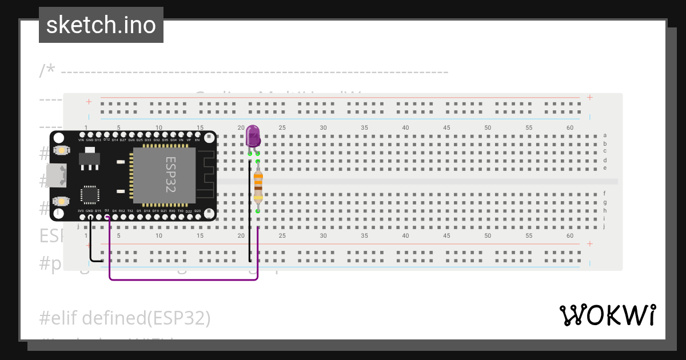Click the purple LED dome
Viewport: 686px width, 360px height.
(253, 136)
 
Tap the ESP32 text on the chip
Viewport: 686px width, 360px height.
(170, 175)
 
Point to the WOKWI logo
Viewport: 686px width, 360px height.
(607, 315)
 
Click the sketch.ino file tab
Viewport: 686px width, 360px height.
(101, 25)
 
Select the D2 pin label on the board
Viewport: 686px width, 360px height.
(107, 211)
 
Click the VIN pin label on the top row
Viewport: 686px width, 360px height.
(81, 140)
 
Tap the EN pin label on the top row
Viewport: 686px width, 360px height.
(198, 140)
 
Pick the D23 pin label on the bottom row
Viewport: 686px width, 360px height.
(197, 211)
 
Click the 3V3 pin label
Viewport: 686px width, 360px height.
(81, 211)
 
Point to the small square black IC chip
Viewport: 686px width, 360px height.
(90, 194)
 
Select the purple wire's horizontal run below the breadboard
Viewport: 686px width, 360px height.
(183, 279)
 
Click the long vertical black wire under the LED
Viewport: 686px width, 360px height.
(249, 211)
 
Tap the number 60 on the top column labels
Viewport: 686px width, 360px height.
(570, 127)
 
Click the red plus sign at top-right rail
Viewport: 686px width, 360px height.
(590, 98)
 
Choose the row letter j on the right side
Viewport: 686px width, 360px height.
(604, 226)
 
